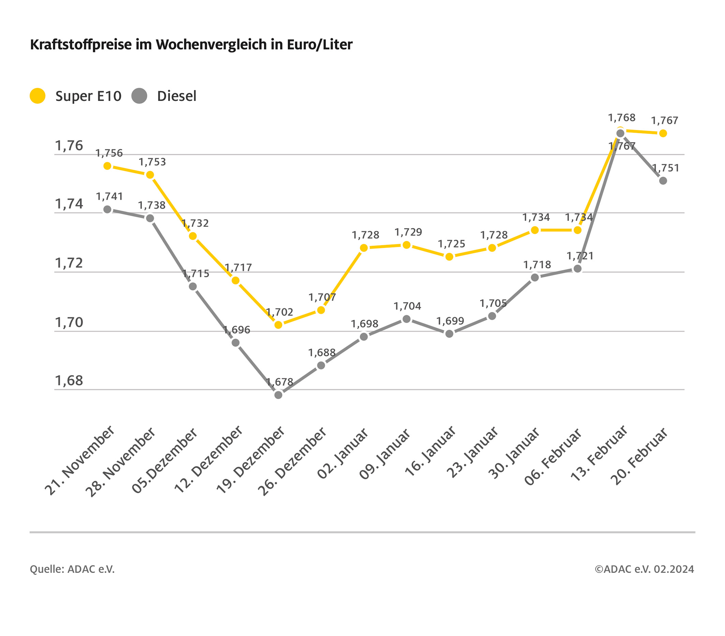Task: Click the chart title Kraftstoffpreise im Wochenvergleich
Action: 191,45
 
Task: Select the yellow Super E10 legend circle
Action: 38,96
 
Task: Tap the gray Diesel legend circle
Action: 139,96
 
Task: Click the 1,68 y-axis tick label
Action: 69,381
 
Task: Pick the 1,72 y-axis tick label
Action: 69,263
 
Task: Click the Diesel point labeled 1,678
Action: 278,395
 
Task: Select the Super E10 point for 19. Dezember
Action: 278,325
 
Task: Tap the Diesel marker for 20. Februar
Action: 663,181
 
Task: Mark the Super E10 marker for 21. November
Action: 107,166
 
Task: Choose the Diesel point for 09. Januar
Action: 407,319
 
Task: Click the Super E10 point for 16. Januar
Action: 449,257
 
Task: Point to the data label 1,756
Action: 109,153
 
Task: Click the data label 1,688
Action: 322,353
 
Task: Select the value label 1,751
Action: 666,168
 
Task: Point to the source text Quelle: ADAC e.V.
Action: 72,569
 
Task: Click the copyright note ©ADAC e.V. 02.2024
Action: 645,569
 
